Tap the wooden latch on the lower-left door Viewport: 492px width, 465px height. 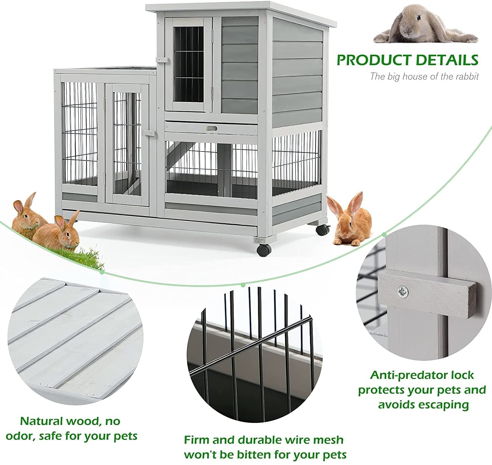pyautogui.click(x=149, y=133)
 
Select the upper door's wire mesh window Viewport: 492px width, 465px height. pyautogui.click(x=189, y=64)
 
